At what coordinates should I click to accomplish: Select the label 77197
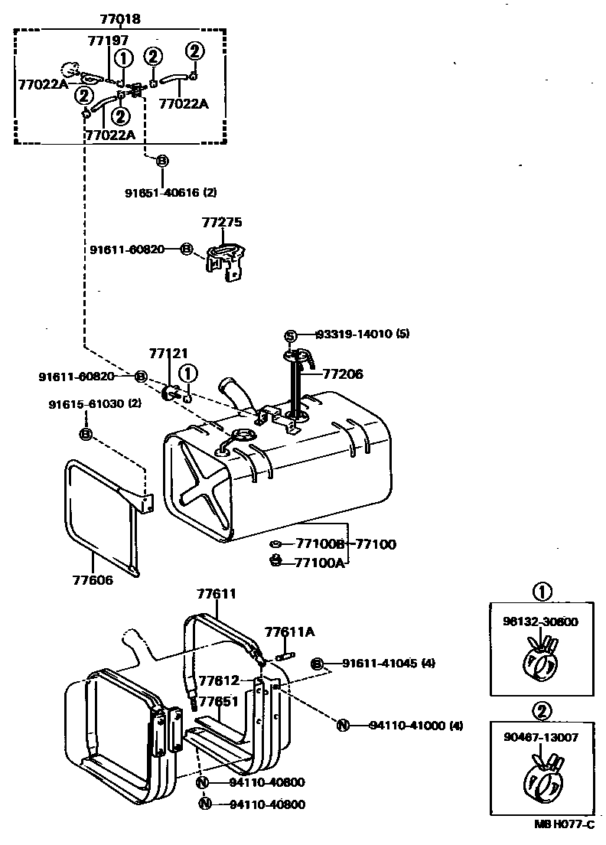tap(108, 40)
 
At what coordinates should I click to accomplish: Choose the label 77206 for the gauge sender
tap(342, 374)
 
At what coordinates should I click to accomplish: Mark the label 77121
tap(168, 353)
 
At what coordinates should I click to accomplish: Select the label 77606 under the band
tap(91, 580)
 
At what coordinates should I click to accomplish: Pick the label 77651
tap(218, 702)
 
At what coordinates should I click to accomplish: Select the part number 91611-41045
tap(379, 664)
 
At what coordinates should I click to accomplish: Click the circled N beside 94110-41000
tap(344, 726)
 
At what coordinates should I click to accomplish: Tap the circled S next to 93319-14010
tap(290, 334)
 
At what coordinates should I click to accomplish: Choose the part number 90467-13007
tap(542, 738)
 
